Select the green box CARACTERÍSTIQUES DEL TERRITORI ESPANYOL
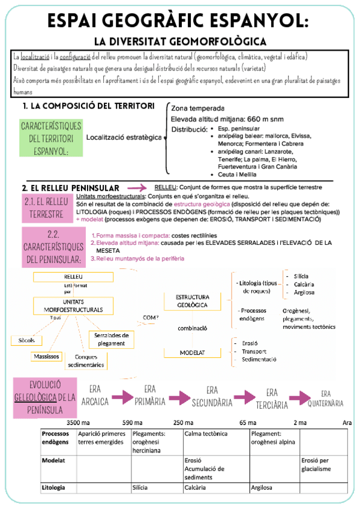[51, 138]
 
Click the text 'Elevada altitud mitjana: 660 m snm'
[222, 119]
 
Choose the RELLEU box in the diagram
[73, 277]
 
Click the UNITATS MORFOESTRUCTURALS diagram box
[73, 306]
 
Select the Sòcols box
[26, 340]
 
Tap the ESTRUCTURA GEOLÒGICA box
[193, 301]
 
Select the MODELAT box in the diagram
[193, 353]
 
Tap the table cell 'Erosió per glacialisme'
[316, 465]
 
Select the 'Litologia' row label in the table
[54, 488]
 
